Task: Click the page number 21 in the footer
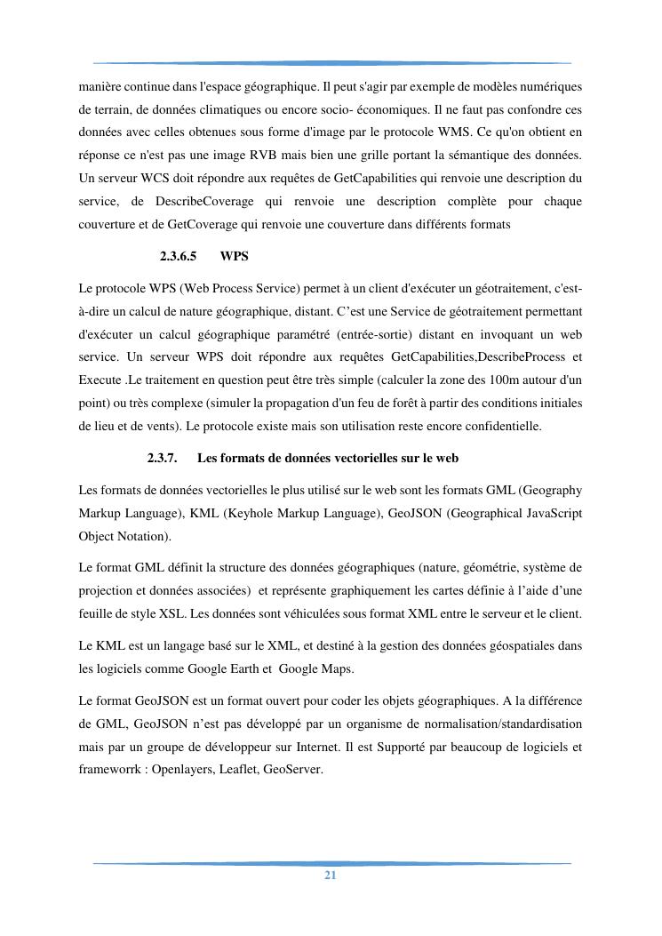coord(331,875)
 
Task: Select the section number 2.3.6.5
coord(178,256)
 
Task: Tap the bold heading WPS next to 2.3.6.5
coord(234,256)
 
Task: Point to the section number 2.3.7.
coord(163,458)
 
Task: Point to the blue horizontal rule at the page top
coord(331,63)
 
